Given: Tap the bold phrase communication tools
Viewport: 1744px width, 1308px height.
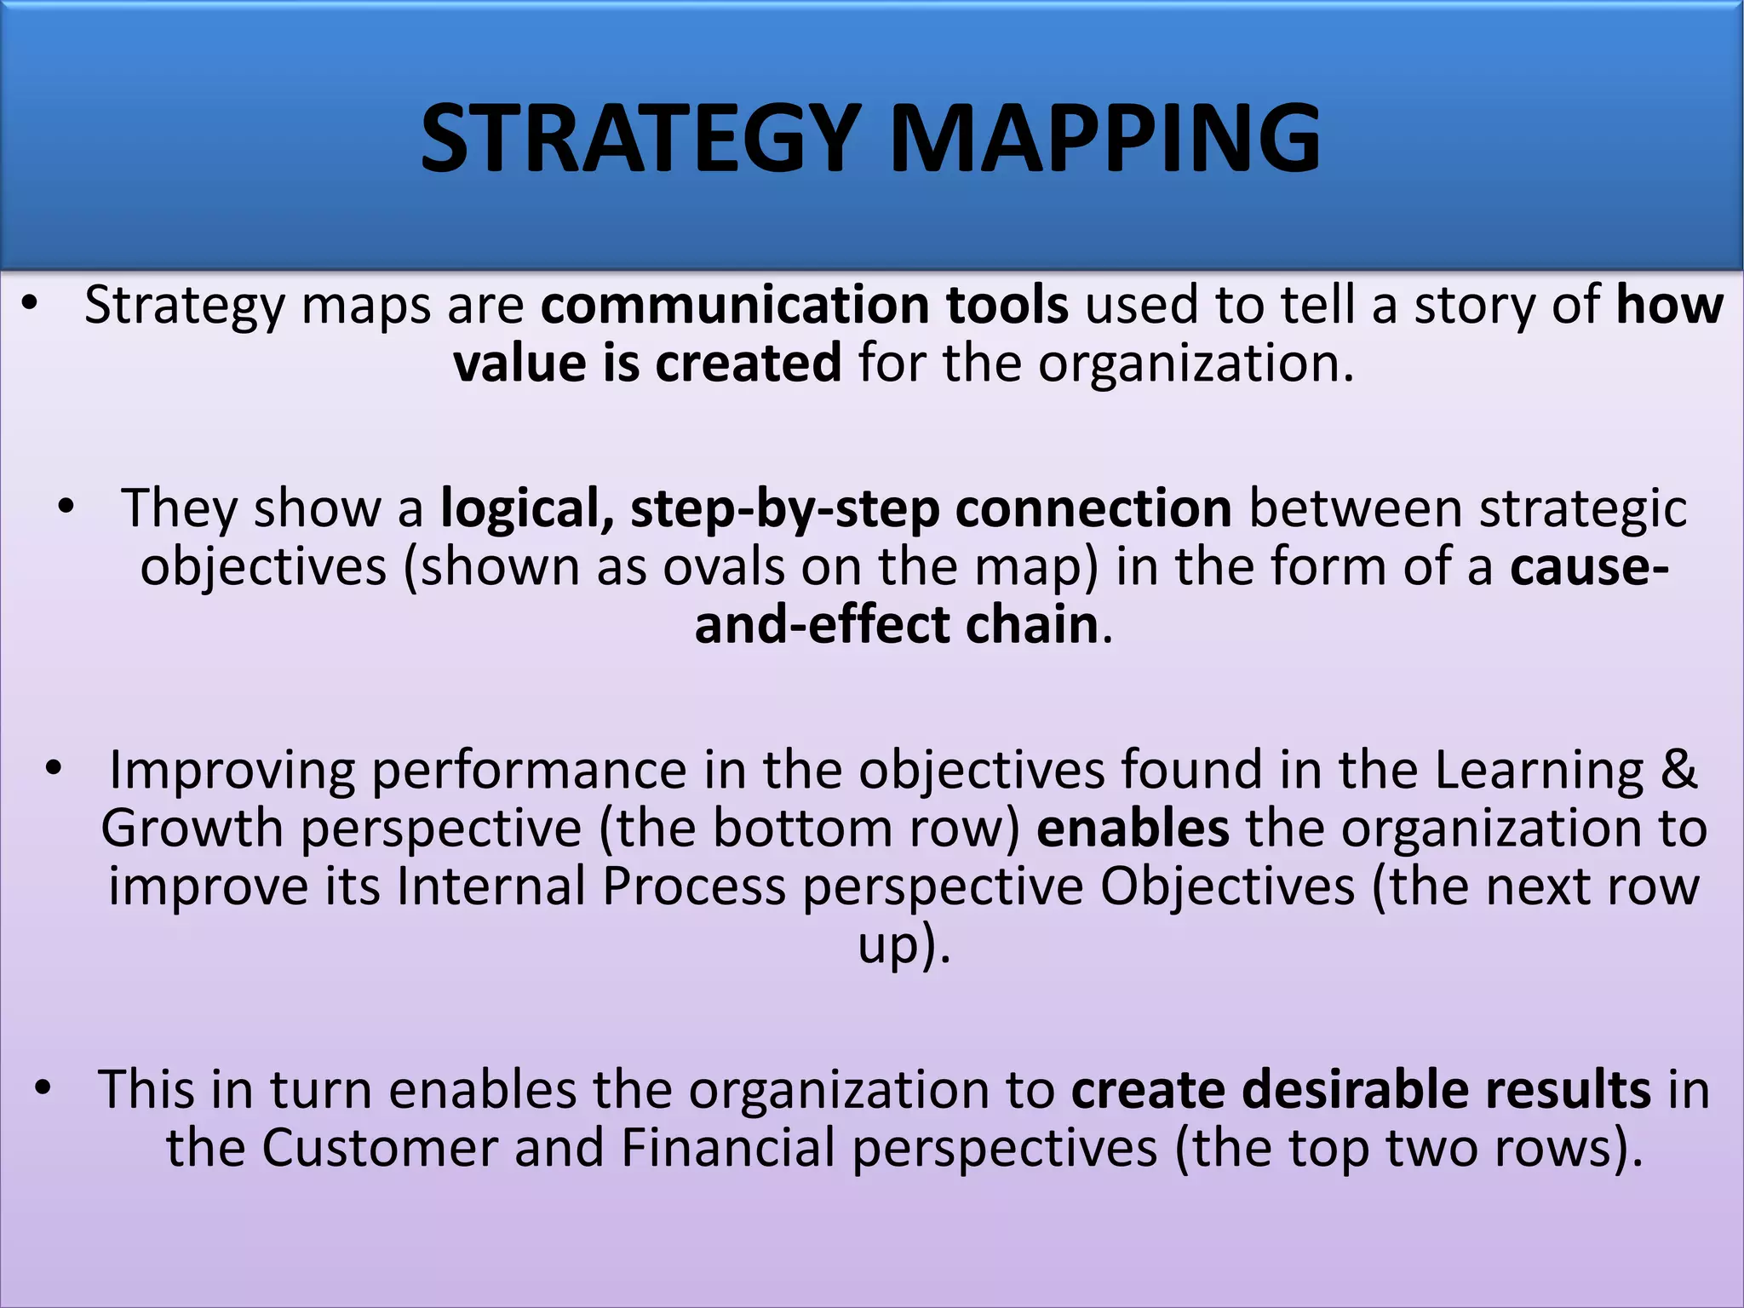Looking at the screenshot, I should pyautogui.click(x=804, y=305).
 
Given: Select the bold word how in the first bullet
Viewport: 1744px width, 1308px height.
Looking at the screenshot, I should pyautogui.click(x=1669, y=305).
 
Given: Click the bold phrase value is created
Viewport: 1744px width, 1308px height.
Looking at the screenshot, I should pyautogui.click(x=647, y=364).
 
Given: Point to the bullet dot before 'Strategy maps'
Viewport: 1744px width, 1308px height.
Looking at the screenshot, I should pyautogui.click(x=31, y=305).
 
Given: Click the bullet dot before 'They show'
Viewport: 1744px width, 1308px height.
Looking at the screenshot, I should pyautogui.click(x=66, y=508).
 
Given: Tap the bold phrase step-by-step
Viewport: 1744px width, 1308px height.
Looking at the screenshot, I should pyautogui.click(x=783, y=508).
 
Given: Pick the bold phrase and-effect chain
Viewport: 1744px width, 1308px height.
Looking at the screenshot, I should pyautogui.click(x=896, y=625).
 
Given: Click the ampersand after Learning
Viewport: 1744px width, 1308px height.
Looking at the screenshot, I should pyautogui.click(x=1678, y=770).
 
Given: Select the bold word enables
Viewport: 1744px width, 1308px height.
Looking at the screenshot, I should pyautogui.click(x=1132, y=829).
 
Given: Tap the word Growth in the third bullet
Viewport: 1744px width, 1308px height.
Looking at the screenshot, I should pyautogui.click(x=192, y=829).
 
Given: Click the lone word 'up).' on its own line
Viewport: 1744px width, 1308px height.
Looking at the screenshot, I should pyautogui.click(x=903, y=945).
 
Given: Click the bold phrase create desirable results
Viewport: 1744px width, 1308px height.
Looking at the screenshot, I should pyautogui.click(x=1360, y=1089).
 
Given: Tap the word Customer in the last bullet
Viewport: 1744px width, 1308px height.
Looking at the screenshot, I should pyautogui.click(x=379, y=1148).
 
